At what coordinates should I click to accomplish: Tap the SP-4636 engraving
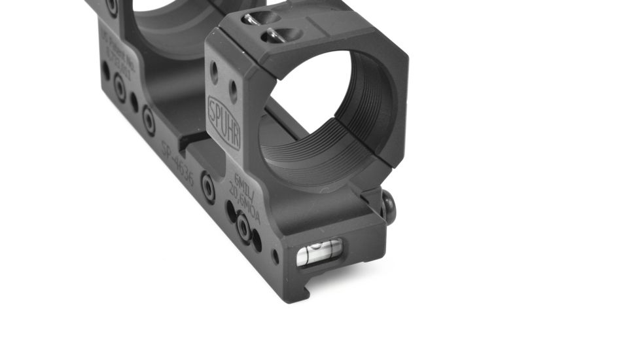click(178, 164)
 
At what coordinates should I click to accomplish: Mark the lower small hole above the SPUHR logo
click(232, 85)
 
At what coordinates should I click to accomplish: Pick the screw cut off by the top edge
click(112, 7)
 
